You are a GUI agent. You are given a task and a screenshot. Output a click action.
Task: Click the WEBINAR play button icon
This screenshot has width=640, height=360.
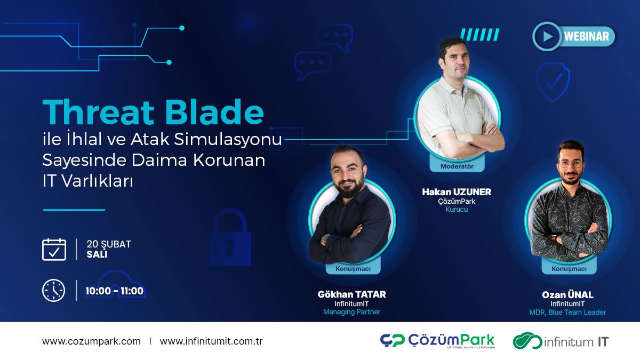tap(547, 36)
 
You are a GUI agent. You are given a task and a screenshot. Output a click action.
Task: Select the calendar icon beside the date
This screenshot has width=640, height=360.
tap(54, 249)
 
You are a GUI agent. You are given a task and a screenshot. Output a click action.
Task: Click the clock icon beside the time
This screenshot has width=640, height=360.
tap(54, 291)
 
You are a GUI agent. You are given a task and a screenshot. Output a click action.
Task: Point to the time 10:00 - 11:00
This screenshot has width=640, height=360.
tap(115, 291)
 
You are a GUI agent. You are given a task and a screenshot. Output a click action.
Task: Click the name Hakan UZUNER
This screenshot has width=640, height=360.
tap(457, 191)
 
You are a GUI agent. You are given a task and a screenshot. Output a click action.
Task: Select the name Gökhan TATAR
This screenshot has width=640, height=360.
tap(351, 294)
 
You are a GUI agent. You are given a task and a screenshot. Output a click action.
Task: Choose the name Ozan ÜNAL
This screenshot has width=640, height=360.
tap(567, 295)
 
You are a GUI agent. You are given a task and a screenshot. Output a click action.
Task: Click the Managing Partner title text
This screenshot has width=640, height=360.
tap(351, 312)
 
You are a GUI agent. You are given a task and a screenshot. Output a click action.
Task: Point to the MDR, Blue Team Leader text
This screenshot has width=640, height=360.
tap(567, 313)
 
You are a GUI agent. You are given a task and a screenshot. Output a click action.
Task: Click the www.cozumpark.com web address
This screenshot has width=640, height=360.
tap(91, 341)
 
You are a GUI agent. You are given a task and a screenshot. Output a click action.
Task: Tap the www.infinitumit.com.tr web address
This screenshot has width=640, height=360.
tap(211, 341)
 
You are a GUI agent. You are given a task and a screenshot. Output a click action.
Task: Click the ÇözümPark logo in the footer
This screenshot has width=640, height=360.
tap(437, 341)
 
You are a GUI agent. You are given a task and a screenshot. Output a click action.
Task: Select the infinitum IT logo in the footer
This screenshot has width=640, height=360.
tap(560, 341)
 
